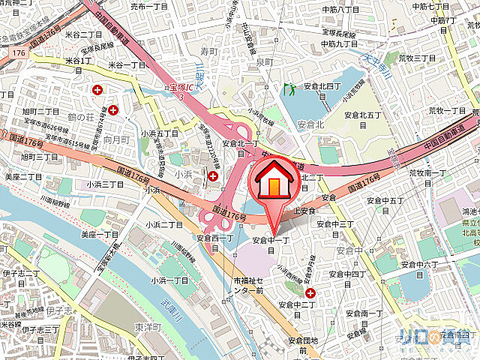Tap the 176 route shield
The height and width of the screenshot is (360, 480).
coord(18,54)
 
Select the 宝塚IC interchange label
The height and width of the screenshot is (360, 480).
coord(177,91)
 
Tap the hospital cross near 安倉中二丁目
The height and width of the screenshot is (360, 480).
coord(309,292)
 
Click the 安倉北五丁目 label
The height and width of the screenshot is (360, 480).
coord(363,115)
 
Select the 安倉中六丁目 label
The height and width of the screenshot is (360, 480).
coord(418,265)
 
